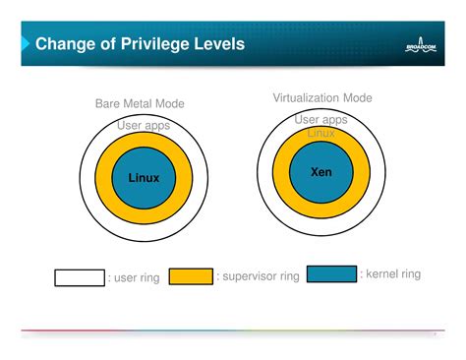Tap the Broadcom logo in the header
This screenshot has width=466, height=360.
(x=425, y=46)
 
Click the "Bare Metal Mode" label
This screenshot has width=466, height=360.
(x=140, y=103)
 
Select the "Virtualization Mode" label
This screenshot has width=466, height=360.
(x=322, y=97)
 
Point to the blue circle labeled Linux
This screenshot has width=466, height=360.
(x=144, y=178)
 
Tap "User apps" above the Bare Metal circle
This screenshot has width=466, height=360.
(x=144, y=125)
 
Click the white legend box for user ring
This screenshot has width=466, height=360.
(x=80, y=277)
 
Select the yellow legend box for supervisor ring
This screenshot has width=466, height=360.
(x=191, y=276)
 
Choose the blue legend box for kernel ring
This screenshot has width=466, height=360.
(x=331, y=273)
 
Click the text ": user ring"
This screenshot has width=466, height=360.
(x=134, y=278)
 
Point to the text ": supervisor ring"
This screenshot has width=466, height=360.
(x=258, y=276)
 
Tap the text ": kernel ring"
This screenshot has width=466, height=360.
(x=390, y=273)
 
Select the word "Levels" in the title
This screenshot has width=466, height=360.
(x=216, y=44)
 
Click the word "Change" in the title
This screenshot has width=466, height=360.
(x=66, y=44)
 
